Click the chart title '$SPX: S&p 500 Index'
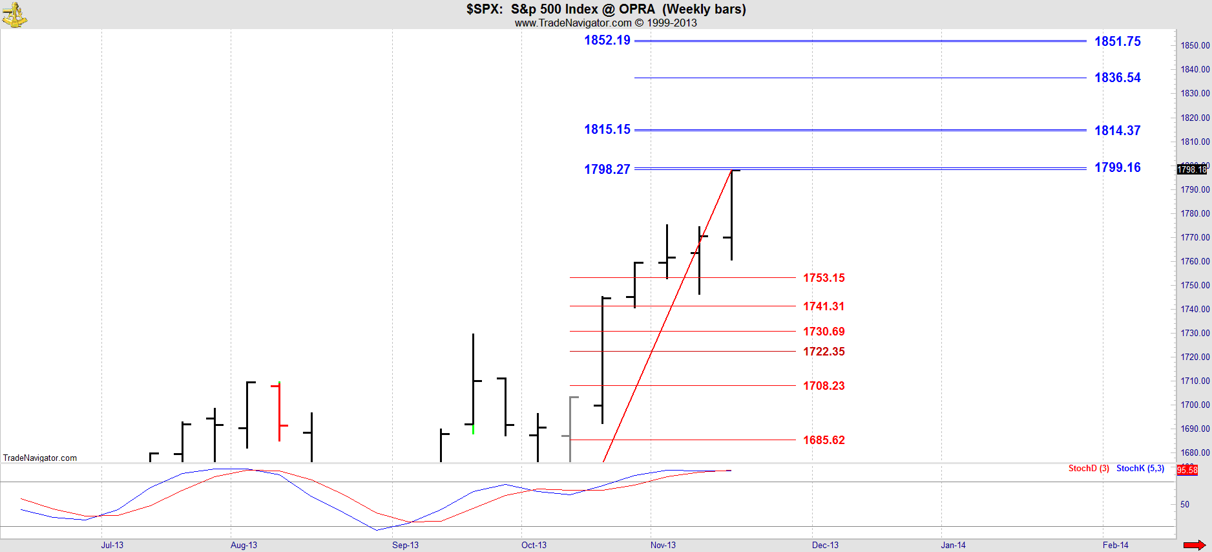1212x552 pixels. [606, 9]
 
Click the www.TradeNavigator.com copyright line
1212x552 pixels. [605, 23]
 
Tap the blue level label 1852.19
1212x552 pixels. [607, 40]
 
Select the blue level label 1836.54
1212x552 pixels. [1117, 78]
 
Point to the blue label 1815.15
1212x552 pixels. [607, 129]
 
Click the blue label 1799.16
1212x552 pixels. [1117, 167]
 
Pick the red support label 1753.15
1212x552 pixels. [824, 278]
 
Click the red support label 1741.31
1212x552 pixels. [824, 306]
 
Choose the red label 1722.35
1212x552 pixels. [824, 352]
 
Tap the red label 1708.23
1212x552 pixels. [824, 386]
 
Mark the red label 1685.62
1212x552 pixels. [824, 440]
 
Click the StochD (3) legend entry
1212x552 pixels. [1089, 469]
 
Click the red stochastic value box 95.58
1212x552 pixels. [1187, 471]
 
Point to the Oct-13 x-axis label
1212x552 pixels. [534, 545]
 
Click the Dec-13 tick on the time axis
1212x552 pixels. [825, 545]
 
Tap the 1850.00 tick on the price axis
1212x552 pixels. [1195, 45]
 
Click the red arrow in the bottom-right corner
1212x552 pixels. [1194, 545]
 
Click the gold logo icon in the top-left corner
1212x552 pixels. [14, 14]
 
